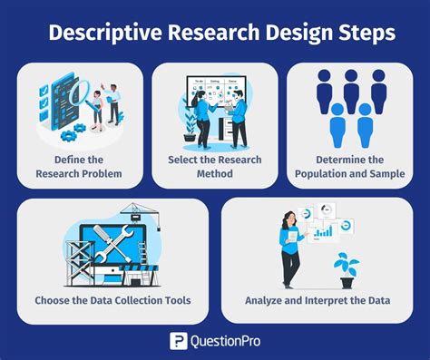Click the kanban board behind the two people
pos(216,94)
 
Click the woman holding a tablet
pos(289,246)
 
